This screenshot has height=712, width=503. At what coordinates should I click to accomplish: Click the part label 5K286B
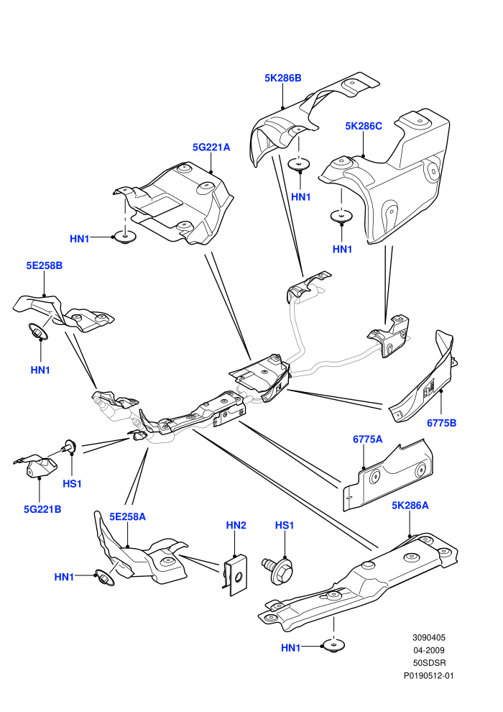tap(282, 78)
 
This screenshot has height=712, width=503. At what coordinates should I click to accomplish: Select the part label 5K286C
tap(364, 127)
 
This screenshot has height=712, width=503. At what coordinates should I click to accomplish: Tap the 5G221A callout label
tap(211, 147)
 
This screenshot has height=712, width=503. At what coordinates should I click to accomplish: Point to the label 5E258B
tap(44, 265)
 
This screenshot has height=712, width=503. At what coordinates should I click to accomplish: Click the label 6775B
tap(441, 423)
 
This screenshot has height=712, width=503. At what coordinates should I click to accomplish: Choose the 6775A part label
tap(367, 439)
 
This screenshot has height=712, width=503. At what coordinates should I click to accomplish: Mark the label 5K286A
tap(410, 506)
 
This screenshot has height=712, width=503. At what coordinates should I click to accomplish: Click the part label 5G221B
tap(42, 509)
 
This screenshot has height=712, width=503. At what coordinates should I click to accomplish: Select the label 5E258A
tap(127, 517)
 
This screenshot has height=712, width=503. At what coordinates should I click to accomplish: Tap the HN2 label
tap(236, 526)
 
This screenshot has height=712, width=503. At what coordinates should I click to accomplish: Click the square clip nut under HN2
tap(235, 575)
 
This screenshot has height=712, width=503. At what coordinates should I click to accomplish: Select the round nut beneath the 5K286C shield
tap(341, 216)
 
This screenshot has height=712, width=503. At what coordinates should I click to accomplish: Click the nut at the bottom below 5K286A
tap(334, 646)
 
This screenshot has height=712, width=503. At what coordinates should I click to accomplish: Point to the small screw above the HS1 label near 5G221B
tap(68, 447)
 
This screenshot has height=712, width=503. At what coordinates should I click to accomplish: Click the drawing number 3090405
tap(428, 637)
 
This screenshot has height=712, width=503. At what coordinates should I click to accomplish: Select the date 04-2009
tap(428, 650)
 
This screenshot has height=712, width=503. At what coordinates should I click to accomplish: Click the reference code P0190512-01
tap(428, 675)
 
